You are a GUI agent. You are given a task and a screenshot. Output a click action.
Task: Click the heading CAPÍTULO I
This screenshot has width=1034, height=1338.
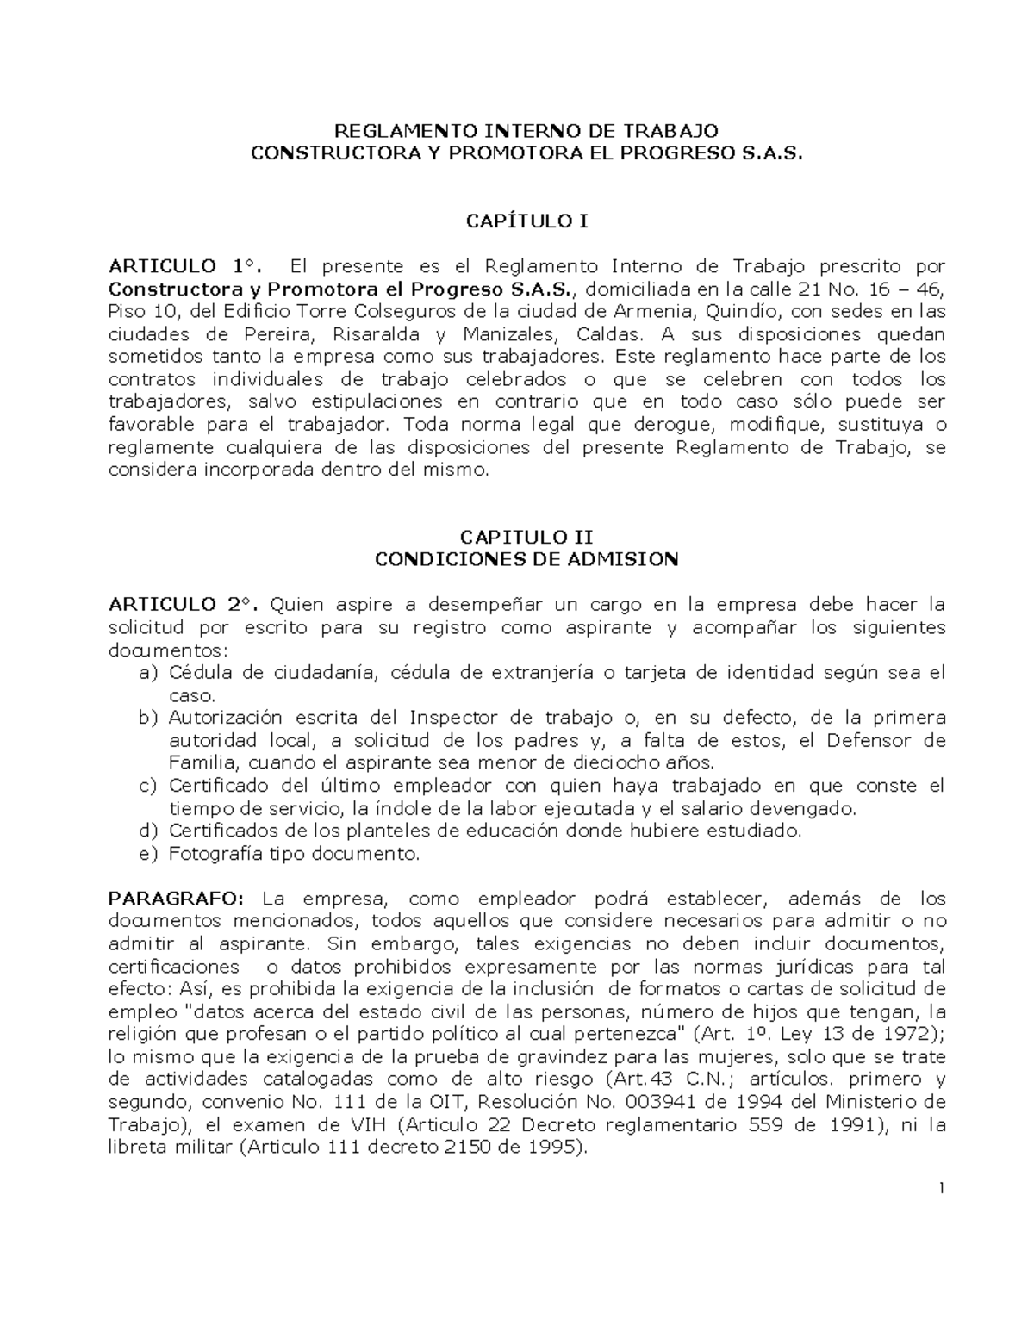526,221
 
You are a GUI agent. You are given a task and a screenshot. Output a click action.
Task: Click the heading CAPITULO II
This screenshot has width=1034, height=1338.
526,537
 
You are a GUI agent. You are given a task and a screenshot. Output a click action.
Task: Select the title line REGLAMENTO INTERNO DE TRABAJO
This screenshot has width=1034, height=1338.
526,131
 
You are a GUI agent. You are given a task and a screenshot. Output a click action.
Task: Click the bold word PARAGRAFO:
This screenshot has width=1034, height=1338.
177,899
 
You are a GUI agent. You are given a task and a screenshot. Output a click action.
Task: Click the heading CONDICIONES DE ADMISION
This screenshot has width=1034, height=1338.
526,559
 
